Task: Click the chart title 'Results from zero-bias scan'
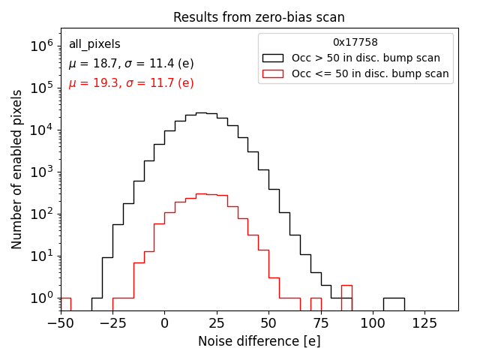259,17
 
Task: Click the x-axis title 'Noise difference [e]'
259,341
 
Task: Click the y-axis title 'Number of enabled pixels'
17,169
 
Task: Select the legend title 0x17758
355,42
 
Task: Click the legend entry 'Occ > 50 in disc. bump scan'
366,58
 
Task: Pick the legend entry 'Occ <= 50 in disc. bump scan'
370,73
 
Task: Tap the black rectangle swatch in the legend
272,58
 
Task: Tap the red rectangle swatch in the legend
272,73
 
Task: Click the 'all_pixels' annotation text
94,44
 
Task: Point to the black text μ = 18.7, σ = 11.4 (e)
131,64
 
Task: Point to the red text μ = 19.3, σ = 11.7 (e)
131,83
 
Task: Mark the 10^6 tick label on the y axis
42,46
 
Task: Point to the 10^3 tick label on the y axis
42,172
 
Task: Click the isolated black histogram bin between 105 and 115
394,304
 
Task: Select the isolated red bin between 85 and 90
346,297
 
